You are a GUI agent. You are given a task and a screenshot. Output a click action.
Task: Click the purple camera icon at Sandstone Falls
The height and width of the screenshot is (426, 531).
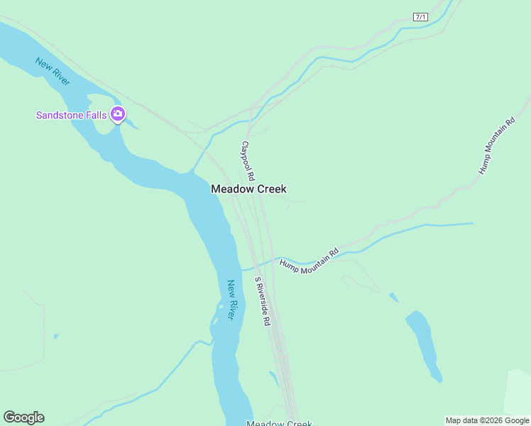[x=118, y=114]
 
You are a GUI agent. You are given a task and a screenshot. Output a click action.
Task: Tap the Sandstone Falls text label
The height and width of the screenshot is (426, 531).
[x=71, y=114]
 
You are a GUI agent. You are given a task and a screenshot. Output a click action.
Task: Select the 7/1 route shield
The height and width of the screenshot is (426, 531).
[x=421, y=16]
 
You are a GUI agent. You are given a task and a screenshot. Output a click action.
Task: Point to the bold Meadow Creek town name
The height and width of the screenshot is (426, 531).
[x=248, y=189]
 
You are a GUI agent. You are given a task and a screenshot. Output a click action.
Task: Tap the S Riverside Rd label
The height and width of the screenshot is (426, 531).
[x=263, y=301]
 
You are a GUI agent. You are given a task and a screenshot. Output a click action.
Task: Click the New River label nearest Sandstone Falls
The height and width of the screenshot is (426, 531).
[x=53, y=71]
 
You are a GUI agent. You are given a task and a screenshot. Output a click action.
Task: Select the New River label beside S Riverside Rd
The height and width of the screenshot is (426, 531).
[x=231, y=300]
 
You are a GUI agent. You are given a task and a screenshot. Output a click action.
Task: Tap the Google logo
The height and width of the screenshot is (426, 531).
[x=23, y=417]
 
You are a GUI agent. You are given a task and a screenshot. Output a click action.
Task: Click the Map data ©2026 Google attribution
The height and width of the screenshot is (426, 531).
[x=487, y=420]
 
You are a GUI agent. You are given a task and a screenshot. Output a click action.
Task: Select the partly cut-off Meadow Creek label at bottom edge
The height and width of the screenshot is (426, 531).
[x=279, y=423]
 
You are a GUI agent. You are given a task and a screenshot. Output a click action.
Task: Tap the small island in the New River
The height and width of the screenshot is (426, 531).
[x=216, y=323]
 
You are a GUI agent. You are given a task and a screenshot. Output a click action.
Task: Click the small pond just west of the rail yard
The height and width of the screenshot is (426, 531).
[x=274, y=378]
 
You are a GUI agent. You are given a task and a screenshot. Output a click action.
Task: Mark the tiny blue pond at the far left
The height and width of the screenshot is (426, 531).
[x=55, y=336]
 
